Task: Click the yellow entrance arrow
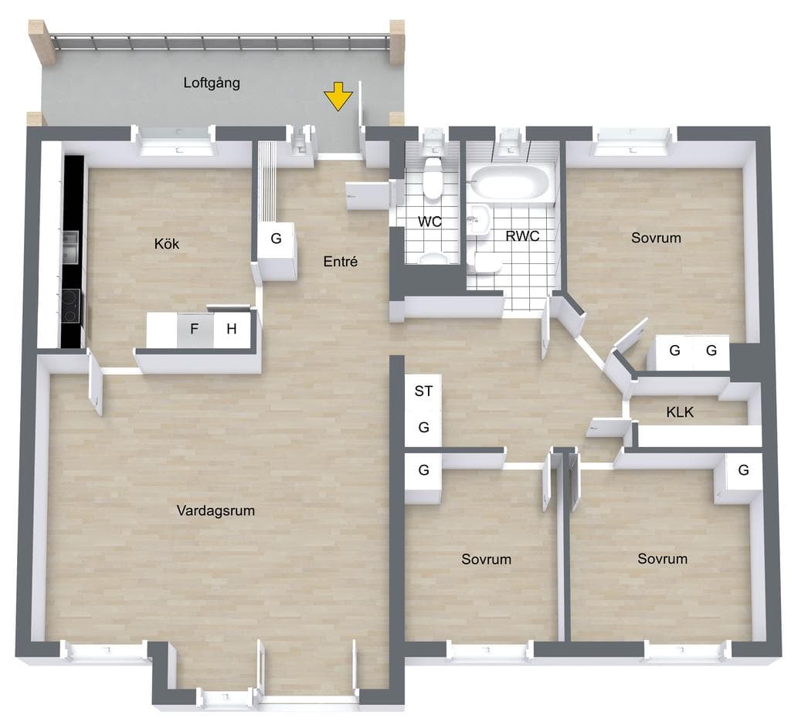[x=338, y=97]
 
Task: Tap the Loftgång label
[x=212, y=83]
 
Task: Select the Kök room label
[x=167, y=244]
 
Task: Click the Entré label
[x=341, y=261]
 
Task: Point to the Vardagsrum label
[x=216, y=510]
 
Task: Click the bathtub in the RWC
[x=510, y=182]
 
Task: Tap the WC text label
[x=429, y=222]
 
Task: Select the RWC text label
[x=523, y=235]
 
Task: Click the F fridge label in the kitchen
[x=194, y=329]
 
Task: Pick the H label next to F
[x=232, y=329]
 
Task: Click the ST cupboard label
[x=423, y=391]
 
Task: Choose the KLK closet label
[x=680, y=412]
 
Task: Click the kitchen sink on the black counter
[x=70, y=247]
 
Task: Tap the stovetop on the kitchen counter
[x=70, y=306]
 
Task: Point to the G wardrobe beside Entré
[x=276, y=238]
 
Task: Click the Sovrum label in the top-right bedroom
[x=656, y=238]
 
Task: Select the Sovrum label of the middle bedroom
[x=487, y=559]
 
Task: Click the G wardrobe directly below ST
[x=424, y=428]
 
